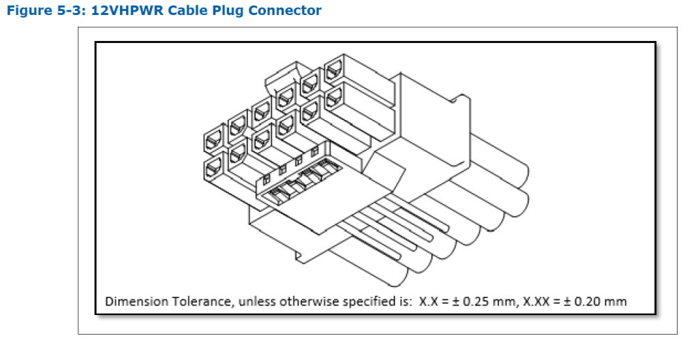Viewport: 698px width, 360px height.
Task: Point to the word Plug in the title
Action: click(216, 11)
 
